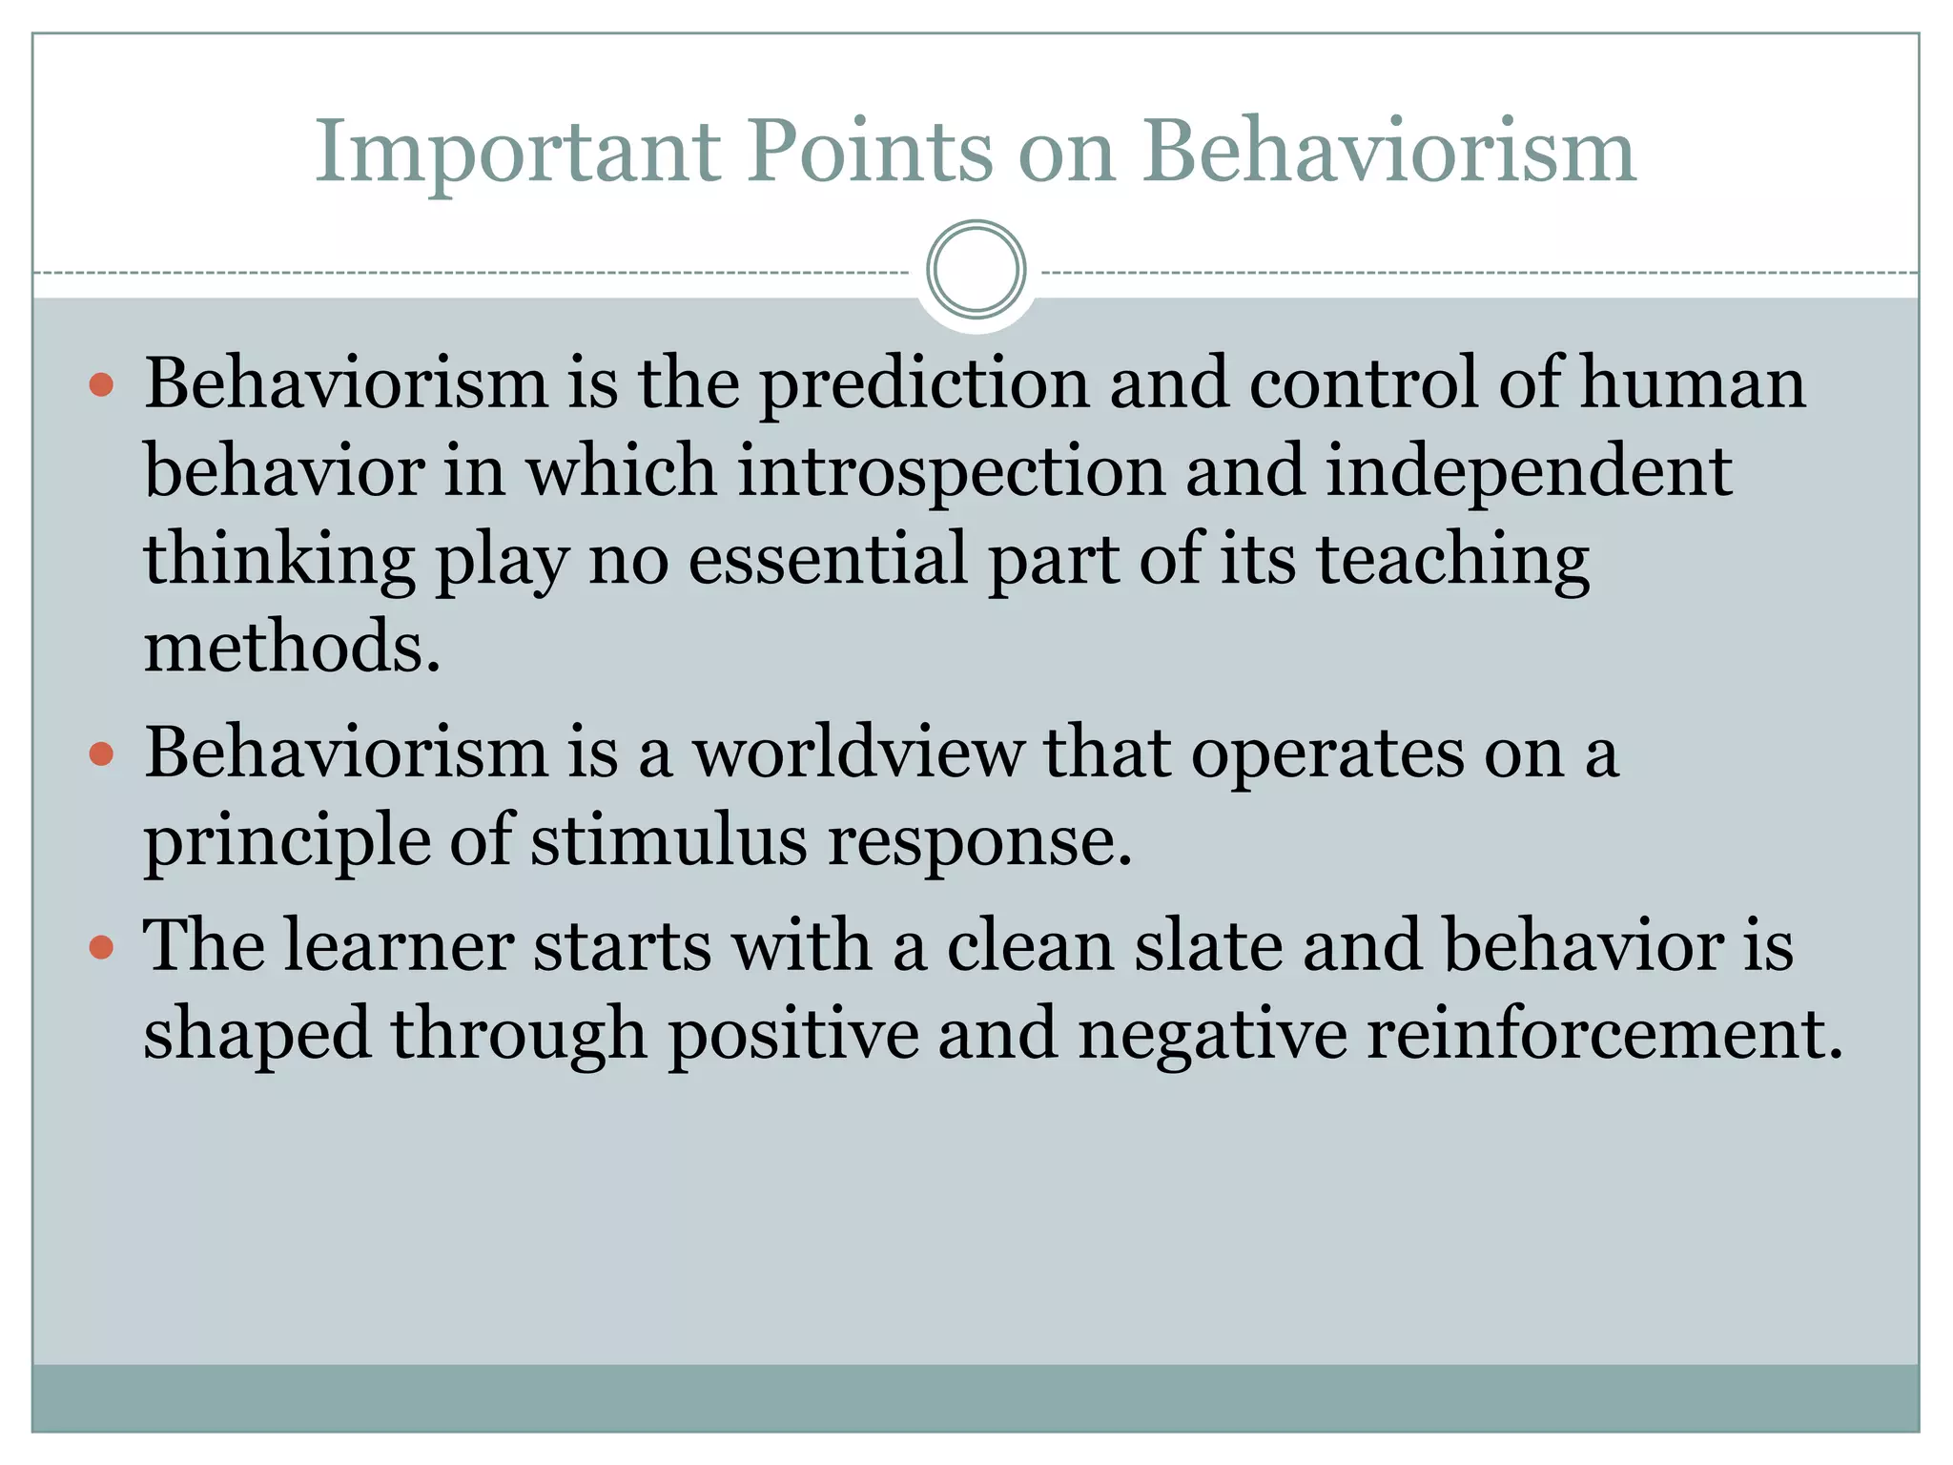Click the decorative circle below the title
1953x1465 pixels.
click(x=976, y=270)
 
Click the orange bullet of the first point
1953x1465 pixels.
click(x=101, y=385)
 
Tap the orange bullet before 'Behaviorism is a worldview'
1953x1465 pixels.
click(x=101, y=755)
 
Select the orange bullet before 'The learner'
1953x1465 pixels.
click(x=101, y=948)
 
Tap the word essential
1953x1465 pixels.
click(x=828, y=560)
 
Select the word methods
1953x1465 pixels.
click(x=292, y=647)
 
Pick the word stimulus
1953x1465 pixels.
click(x=668, y=841)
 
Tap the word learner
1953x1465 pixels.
click(x=398, y=946)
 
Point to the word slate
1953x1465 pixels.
click(x=1208, y=946)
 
